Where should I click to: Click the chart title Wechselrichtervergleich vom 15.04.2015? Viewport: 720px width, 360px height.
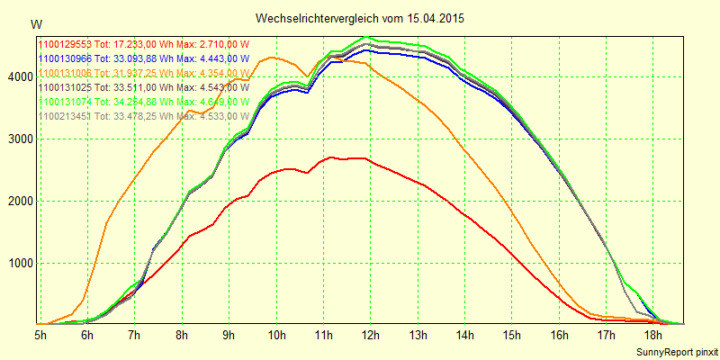(x=360, y=18)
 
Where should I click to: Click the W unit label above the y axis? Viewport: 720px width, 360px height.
(x=35, y=24)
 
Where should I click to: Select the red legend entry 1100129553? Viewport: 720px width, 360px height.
(x=141, y=43)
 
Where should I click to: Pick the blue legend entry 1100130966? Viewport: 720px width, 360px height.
(x=141, y=58)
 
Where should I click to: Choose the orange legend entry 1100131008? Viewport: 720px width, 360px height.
(x=141, y=73)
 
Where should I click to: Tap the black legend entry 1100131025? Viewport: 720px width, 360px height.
(x=141, y=87)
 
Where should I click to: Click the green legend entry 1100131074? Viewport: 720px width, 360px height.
(x=141, y=102)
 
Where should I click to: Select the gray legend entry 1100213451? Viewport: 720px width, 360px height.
(x=141, y=116)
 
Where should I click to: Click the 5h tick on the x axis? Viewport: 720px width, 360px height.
(x=40, y=335)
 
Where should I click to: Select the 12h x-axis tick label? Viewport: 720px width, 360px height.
(x=370, y=335)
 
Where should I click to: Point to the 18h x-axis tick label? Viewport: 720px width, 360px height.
(x=652, y=335)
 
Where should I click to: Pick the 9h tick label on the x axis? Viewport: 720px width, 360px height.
(x=229, y=335)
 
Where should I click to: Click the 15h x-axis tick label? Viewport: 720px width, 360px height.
(x=511, y=335)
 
